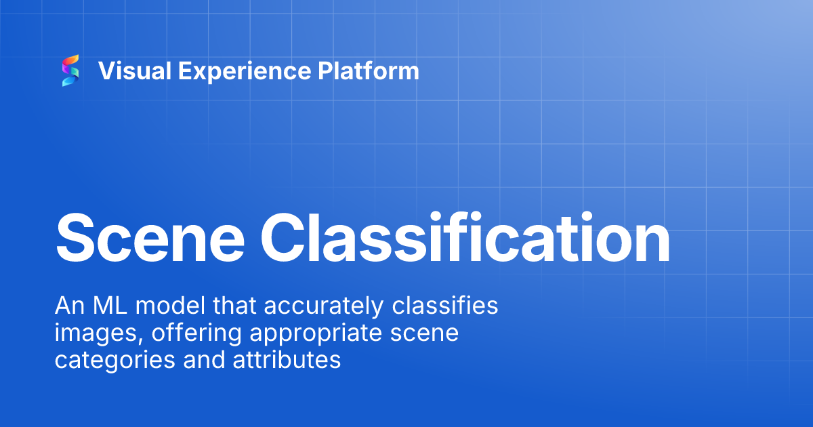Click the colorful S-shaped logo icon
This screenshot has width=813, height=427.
coord(70,70)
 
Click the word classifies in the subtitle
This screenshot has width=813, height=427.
coord(445,306)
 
